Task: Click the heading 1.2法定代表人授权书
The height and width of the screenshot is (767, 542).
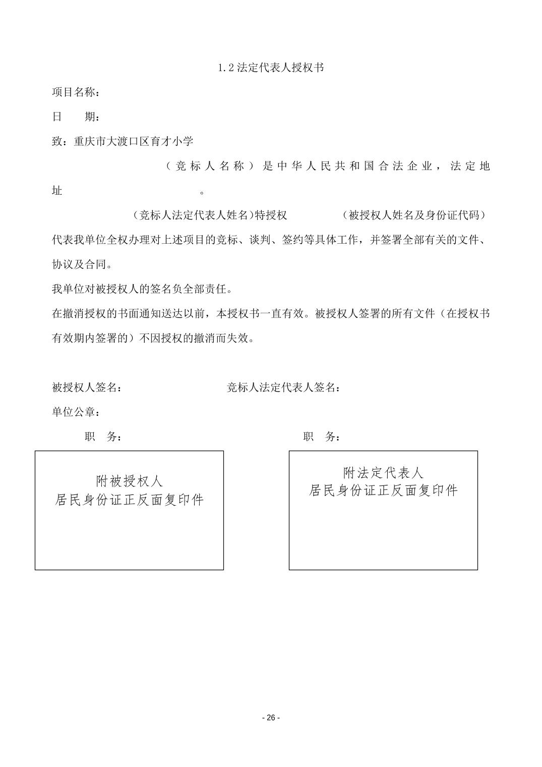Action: pos(271,68)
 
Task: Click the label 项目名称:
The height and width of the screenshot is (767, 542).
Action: pos(76,92)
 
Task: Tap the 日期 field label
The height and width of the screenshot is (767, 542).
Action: pos(76,117)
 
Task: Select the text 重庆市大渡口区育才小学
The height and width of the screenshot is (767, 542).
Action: pos(134,142)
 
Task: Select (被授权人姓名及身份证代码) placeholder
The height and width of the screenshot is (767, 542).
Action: pos(414,215)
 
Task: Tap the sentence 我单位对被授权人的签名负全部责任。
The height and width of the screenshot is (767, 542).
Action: pos(142,289)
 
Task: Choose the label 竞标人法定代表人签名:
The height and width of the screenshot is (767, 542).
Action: pos(283,388)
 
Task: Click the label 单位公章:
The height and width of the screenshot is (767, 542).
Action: pos(76,412)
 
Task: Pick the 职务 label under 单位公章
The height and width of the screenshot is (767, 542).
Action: pos(103,437)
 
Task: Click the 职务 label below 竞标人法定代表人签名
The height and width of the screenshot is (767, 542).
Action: pos(321,437)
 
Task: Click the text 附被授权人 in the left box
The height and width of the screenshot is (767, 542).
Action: pos(130,481)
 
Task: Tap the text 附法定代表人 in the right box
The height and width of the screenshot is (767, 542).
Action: pos(383,473)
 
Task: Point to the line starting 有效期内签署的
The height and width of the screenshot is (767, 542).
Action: pos(153,338)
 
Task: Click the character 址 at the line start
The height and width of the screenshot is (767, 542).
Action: pos(57,191)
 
